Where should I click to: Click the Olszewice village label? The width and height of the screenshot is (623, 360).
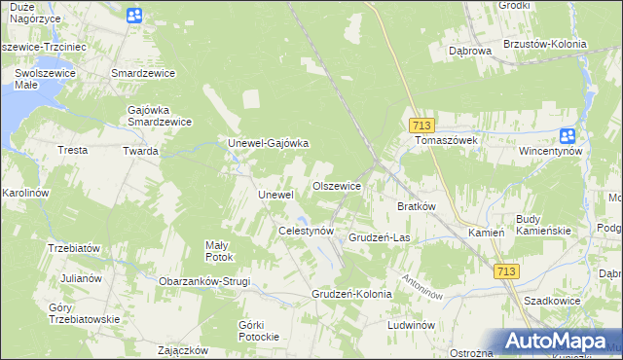337,186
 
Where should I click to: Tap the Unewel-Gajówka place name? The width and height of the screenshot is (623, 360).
268,143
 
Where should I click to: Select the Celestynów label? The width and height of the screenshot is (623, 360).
307,231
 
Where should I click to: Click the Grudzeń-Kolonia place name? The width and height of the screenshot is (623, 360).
351,293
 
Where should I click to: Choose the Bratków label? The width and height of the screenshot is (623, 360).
417,206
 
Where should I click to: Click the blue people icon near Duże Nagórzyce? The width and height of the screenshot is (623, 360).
134,15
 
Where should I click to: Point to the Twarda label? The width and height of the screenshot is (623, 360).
140,151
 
